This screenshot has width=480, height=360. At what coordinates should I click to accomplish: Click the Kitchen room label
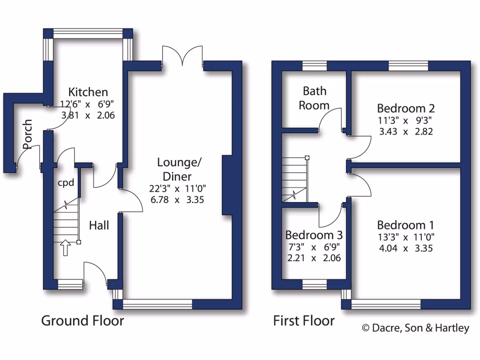(88, 92)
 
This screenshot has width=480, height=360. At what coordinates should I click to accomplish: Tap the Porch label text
(28, 134)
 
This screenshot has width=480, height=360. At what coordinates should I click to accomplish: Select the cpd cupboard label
(66, 183)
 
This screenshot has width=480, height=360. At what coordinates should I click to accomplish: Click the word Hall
(99, 226)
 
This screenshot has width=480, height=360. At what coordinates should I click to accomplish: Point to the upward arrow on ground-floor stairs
(65, 248)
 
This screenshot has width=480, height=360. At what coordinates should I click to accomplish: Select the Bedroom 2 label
(405, 109)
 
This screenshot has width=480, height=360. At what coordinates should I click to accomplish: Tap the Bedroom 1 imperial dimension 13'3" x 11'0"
(405, 237)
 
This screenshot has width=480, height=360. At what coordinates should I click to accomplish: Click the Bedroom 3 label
(314, 234)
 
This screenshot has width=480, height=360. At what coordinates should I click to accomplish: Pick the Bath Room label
(314, 98)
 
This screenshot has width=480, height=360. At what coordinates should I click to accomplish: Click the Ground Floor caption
(82, 321)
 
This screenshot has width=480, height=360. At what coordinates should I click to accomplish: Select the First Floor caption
(304, 321)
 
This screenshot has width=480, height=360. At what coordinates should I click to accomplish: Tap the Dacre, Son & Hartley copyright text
(415, 328)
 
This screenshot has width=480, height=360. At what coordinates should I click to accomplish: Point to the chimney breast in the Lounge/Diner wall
(227, 185)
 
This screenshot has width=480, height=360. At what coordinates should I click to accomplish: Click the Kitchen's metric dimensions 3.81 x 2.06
(88, 114)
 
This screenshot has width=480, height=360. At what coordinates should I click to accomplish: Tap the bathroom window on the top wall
(315, 66)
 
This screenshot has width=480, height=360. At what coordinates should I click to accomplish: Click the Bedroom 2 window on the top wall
(408, 66)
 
